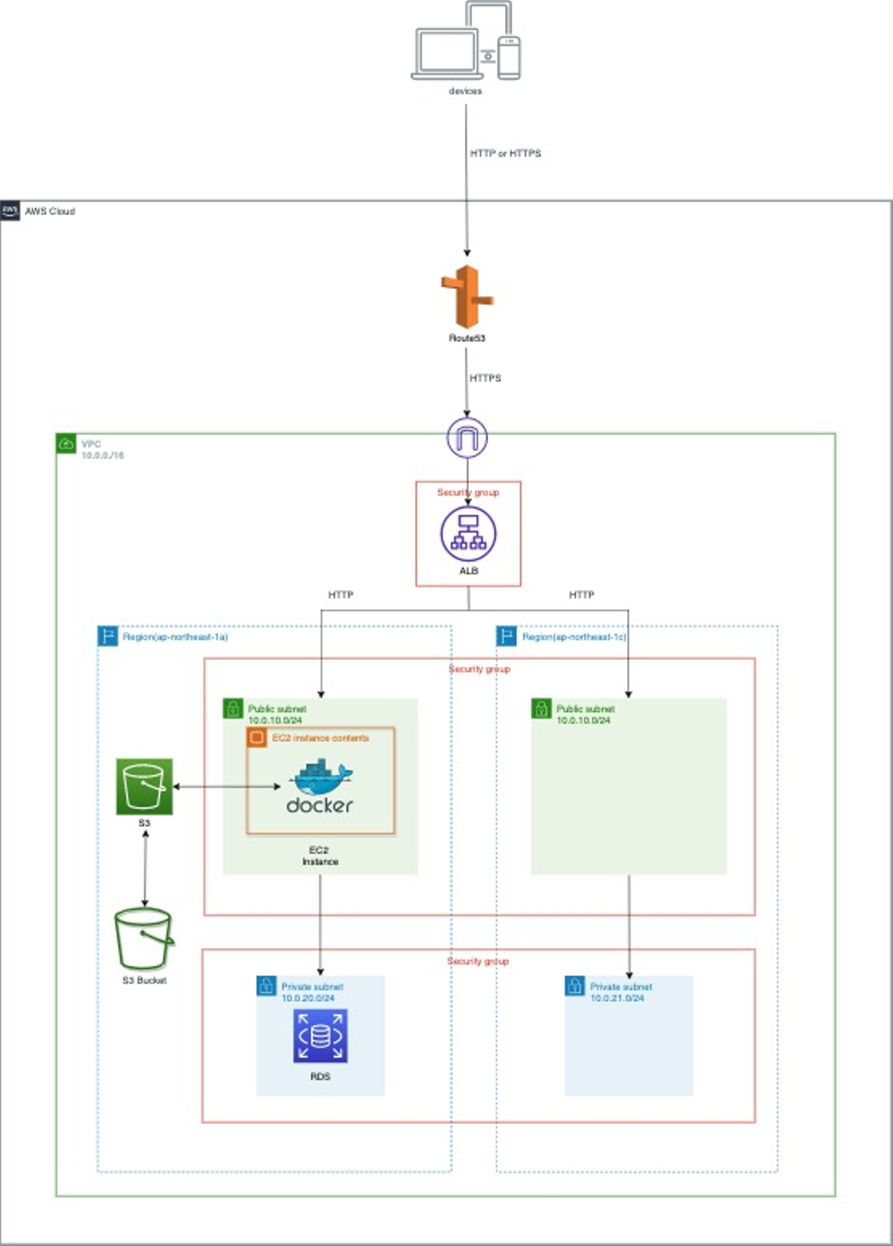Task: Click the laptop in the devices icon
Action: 447,54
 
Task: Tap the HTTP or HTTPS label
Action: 505,153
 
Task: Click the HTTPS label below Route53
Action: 485,378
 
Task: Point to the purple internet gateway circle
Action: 467,438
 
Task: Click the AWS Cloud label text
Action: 50,211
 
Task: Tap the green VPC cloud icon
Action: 66,444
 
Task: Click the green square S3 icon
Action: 144,786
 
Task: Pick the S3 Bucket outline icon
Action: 144,939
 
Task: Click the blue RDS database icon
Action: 320,1036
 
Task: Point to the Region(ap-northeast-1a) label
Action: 175,637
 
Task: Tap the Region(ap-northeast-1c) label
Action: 574,637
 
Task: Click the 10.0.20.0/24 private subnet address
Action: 308,998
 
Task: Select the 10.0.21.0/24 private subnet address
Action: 616,998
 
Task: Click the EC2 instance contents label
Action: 320,738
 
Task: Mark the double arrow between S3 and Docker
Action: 226,787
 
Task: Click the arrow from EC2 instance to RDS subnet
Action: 320,924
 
